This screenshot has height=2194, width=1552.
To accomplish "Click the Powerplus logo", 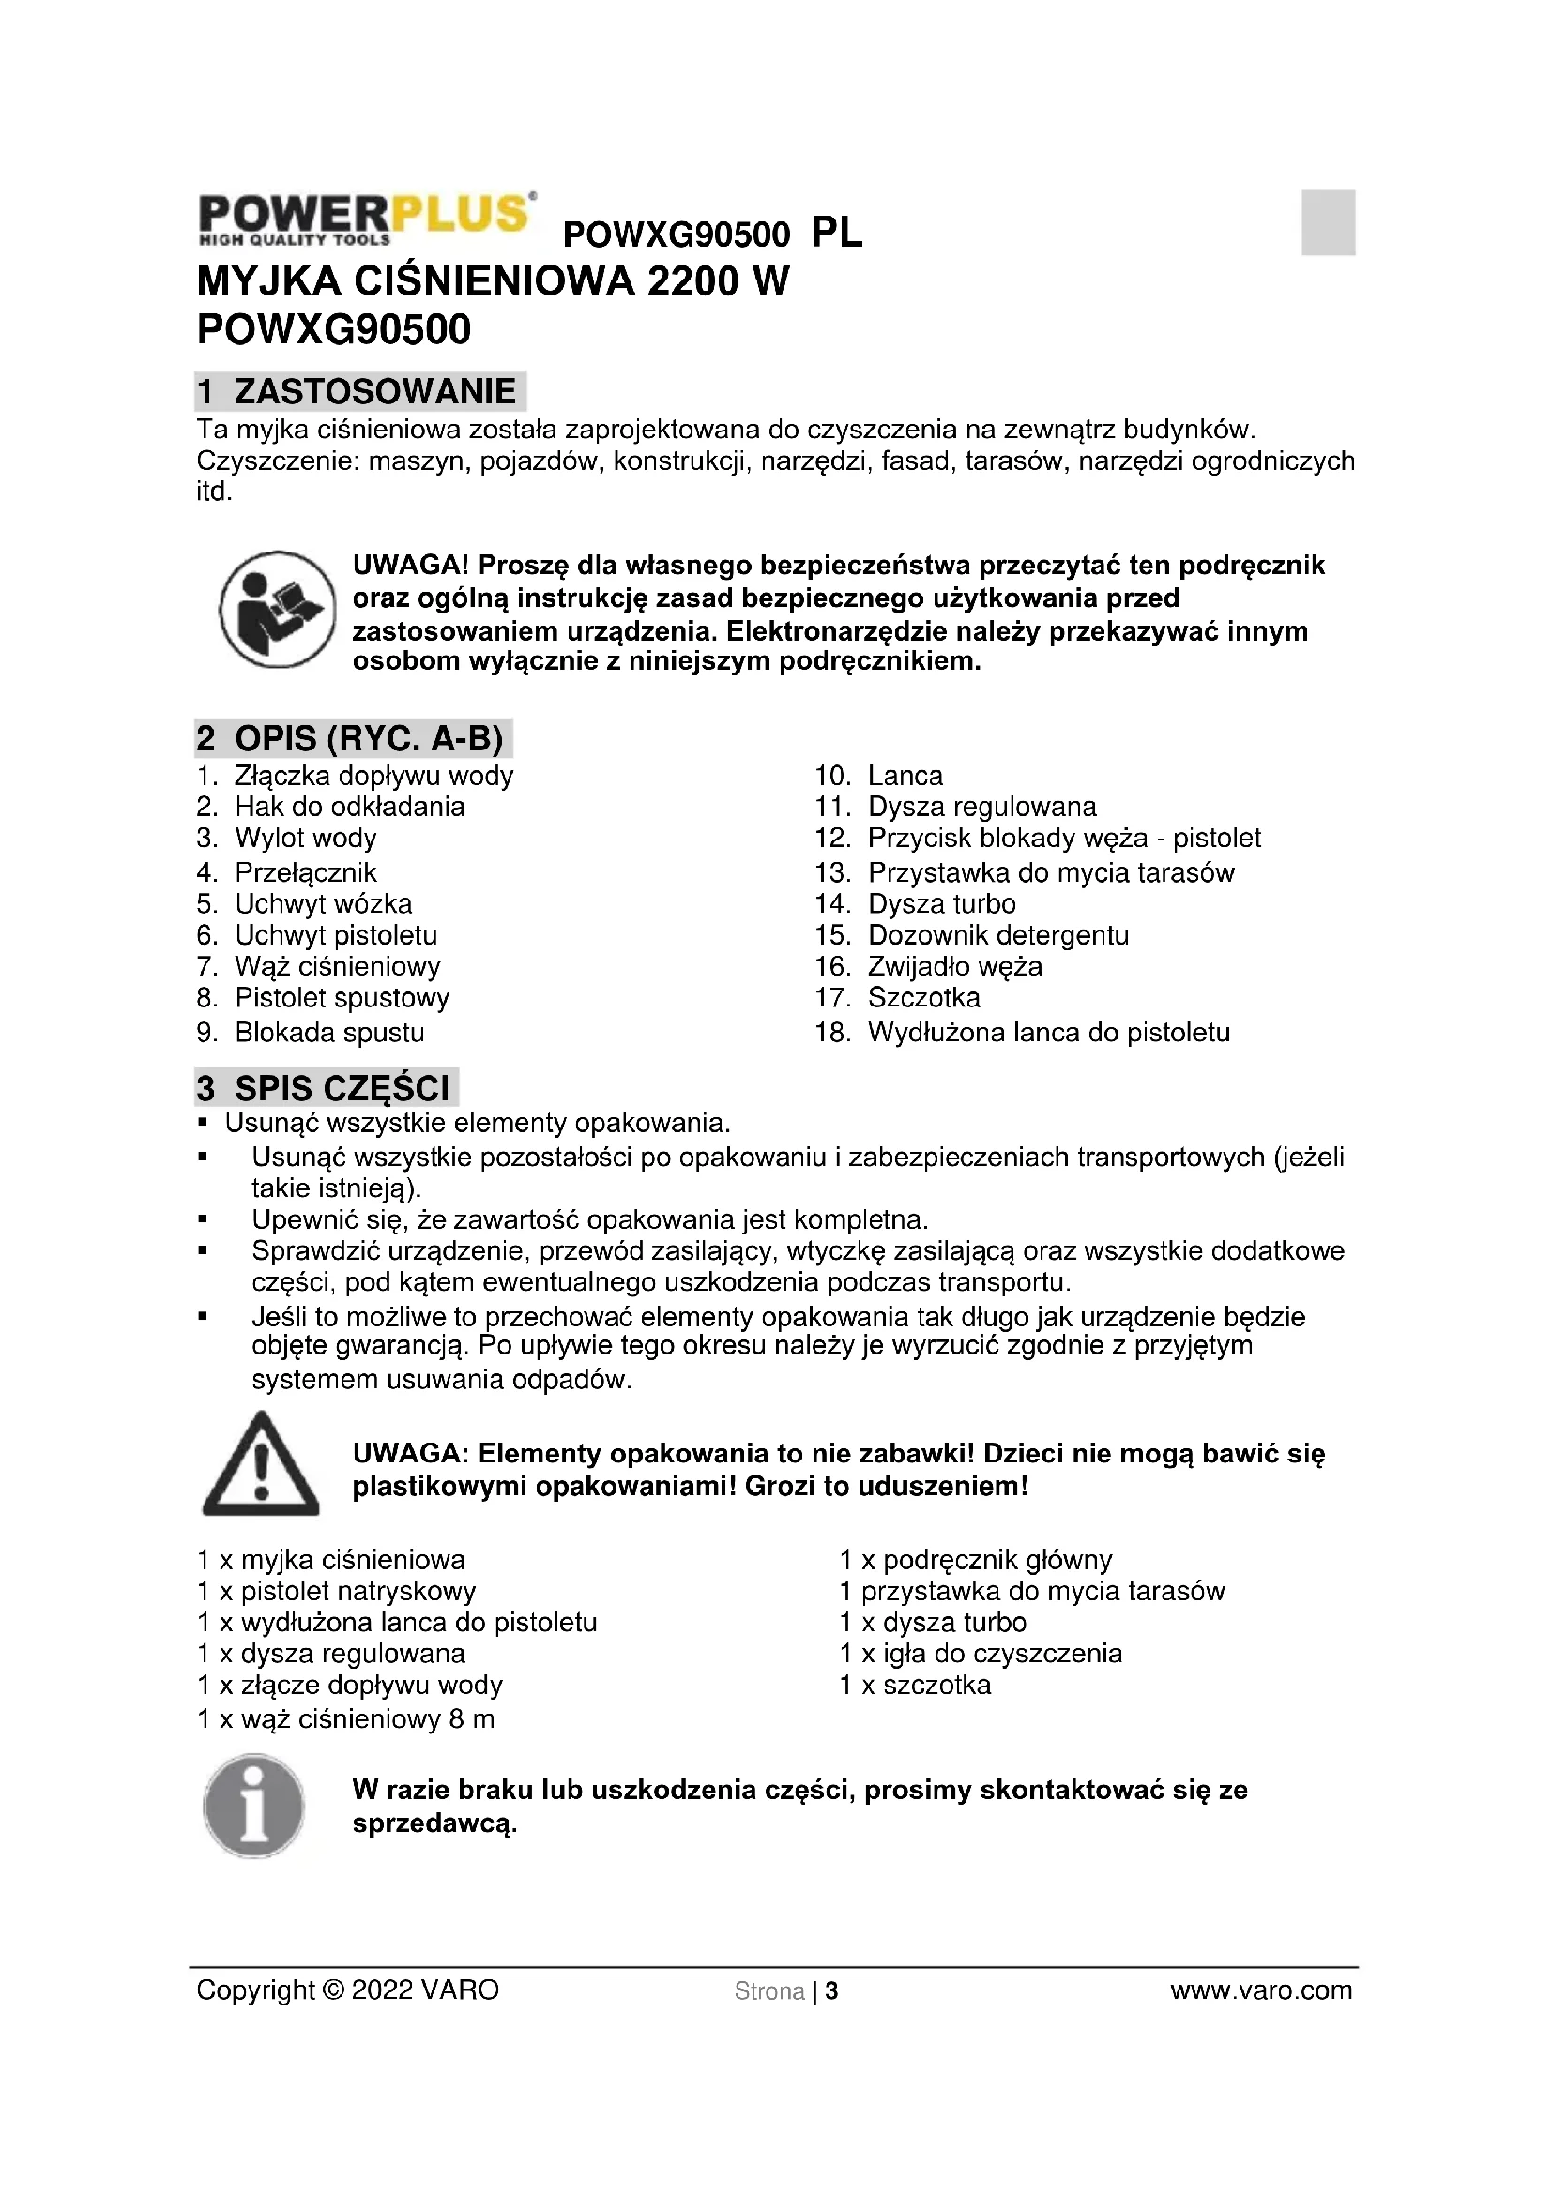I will pyautogui.click(x=366, y=219).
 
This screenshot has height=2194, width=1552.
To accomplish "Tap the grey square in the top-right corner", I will pyautogui.click(x=1328, y=221).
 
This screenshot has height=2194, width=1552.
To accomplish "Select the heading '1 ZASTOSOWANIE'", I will pyautogui.click(x=359, y=392).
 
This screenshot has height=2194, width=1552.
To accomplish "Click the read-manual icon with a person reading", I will pyautogui.click(x=277, y=609).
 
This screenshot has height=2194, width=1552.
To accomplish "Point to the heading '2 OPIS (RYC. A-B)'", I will pyautogui.click(x=353, y=738).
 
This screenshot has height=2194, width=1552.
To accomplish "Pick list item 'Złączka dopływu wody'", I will pyautogui.click(x=373, y=776).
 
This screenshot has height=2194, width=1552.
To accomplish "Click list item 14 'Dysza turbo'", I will pyautogui.click(x=941, y=904).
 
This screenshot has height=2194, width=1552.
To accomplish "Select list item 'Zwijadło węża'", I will pyautogui.click(x=953, y=967).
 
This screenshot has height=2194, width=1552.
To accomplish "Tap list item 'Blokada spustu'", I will pyautogui.click(x=329, y=1033).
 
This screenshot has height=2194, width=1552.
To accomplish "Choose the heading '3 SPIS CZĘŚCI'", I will pyautogui.click(x=326, y=1088).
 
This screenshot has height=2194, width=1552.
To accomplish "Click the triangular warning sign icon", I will pyautogui.click(x=260, y=1465).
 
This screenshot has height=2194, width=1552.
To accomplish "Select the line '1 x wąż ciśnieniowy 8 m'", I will pyautogui.click(x=346, y=1720).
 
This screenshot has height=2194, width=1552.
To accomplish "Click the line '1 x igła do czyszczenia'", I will pyautogui.click(x=981, y=1654).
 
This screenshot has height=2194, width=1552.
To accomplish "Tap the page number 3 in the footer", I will pyautogui.click(x=831, y=1991).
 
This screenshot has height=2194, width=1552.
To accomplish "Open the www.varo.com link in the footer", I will pyautogui.click(x=1260, y=1990).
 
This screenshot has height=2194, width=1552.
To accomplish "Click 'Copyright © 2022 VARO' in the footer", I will pyautogui.click(x=348, y=1990).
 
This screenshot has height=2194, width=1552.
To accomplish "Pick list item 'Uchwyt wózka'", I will pyautogui.click(x=323, y=904).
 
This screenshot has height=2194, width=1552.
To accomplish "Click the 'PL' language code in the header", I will pyautogui.click(x=836, y=233).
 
